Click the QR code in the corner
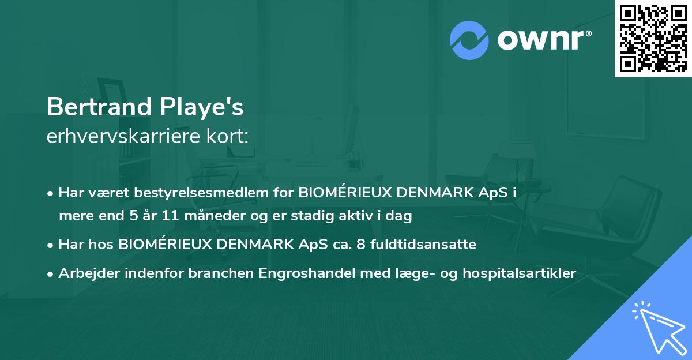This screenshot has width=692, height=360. [653, 38]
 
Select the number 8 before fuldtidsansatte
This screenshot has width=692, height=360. [360, 245]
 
